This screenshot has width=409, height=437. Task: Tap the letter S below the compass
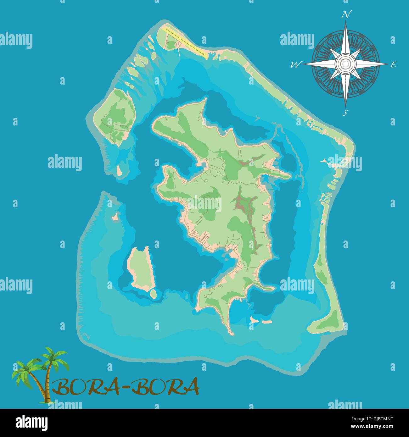[x=345, y=113]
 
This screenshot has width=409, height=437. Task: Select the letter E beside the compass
[x=393, y=65]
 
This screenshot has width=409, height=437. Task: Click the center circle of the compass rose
[x=345, y=64]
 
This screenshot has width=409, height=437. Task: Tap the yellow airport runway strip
[x=186, y=42]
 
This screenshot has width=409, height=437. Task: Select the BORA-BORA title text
[x=126, y=387]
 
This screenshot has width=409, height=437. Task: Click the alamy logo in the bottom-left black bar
[x=31, y=422]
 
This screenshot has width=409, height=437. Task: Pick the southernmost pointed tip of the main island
[x=232, y=333]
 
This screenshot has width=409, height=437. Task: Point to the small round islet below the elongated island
[x=153, y=294]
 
